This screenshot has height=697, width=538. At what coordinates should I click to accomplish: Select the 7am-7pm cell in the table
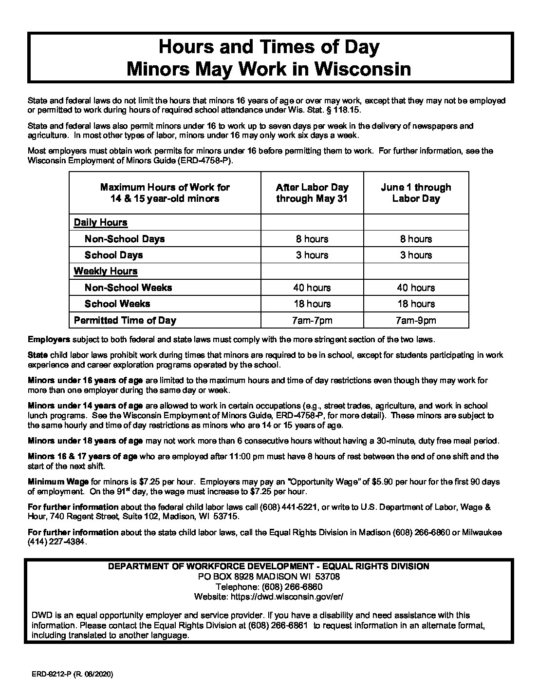click(312, 320)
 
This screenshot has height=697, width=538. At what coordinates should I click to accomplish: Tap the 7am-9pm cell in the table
click(416, 320)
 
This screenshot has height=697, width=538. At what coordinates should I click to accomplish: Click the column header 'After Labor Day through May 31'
click(312, 193)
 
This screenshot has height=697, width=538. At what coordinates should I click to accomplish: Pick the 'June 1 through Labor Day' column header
click(416, 193)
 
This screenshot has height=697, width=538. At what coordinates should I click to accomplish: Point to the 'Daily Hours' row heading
click(100, 223)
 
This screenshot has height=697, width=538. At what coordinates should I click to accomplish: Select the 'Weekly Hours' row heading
click(106, 271)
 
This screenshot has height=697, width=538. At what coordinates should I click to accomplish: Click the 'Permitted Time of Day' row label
click(125, 320)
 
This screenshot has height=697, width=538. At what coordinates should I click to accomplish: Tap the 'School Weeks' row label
click(117, 304)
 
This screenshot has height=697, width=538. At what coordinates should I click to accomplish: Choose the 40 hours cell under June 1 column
click(416, 288)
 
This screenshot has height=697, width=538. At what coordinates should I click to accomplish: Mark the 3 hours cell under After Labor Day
click(312, 255)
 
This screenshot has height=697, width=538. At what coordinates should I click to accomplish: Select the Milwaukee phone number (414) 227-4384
click(58, 542)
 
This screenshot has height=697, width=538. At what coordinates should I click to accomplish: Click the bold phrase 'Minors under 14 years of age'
click(85, 406)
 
